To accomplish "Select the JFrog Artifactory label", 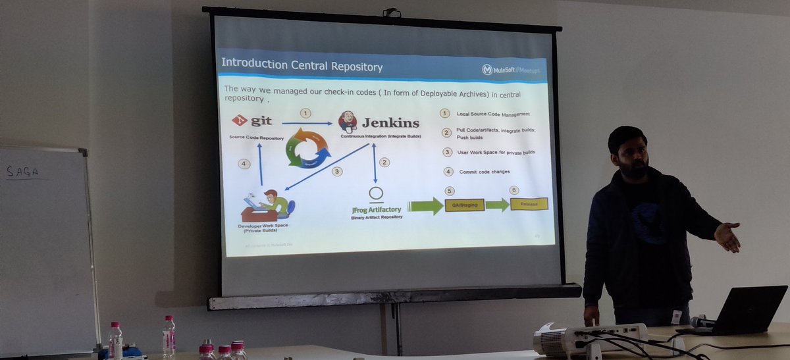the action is [x=377, y=209].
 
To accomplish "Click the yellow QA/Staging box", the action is [x=465, y=205].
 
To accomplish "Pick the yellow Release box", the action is [x=529, y=204].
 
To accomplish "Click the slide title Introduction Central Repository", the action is [x=302, y=65].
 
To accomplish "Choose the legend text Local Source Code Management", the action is [x=494, y=114].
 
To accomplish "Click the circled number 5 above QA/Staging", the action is [x=450, y=190].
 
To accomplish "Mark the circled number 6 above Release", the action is [x=514, y=190].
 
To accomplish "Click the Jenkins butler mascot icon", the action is [x=348, y=121].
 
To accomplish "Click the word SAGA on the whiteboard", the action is [x=22, y=172].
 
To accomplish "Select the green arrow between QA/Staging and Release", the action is [x=497, y=205].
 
